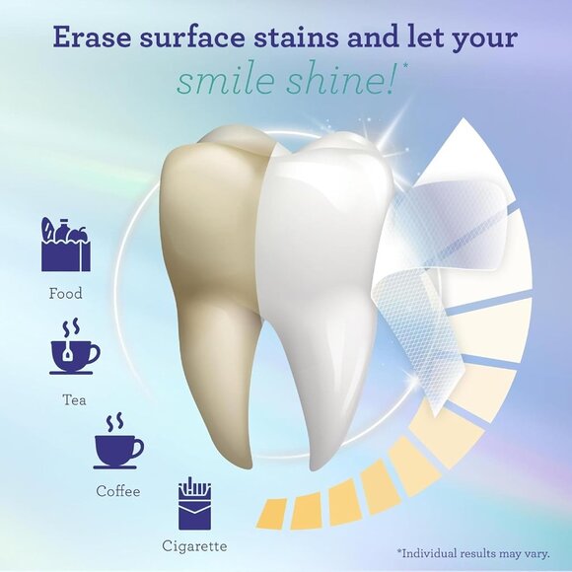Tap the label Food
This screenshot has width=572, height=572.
(x=66, y=294)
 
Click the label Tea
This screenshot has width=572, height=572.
(x=74, y=400)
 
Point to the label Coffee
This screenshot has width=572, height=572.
(x=118, y=491)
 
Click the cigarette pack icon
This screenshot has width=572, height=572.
(x=194, y=505)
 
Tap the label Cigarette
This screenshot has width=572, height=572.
(x=194, y=545)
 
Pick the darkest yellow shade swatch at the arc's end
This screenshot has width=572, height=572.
(x=271, y=512)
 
